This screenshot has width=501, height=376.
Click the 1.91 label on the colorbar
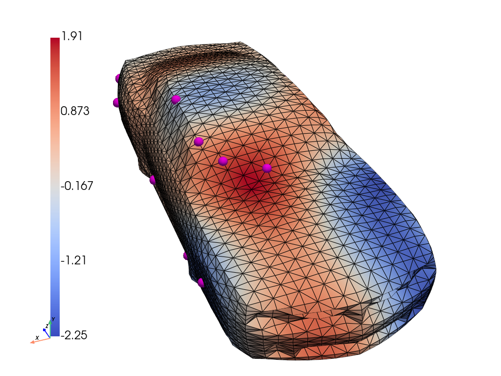(x=72, y=36)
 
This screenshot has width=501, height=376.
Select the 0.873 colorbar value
(x=75, y=111)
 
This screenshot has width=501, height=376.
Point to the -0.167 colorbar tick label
(x=77, y=186)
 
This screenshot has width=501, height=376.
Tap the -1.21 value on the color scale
(x=73, y=260)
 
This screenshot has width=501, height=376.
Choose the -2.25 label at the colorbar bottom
(x=74, y=335)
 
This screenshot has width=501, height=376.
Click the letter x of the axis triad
(x=37, y=338)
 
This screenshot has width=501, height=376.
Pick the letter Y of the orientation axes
(x=53, y=319)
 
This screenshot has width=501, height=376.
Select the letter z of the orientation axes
(x=47, y=326)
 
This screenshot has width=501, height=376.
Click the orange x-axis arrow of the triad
(x=40, y=341)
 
